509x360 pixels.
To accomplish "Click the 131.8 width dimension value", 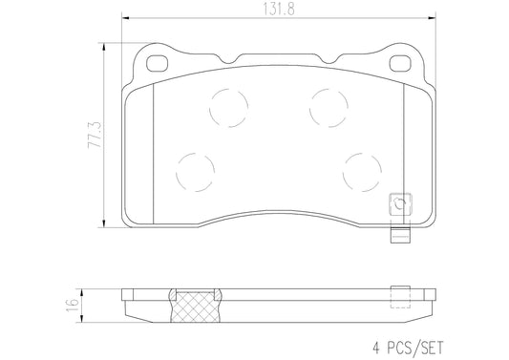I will pos(279,11).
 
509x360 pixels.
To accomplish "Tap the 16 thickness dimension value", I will pos(70,305).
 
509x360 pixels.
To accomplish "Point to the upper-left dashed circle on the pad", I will pos(227,106).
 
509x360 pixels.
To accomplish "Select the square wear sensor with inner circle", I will pos(398,205).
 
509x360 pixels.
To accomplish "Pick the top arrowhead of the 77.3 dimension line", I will pos(104,44).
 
